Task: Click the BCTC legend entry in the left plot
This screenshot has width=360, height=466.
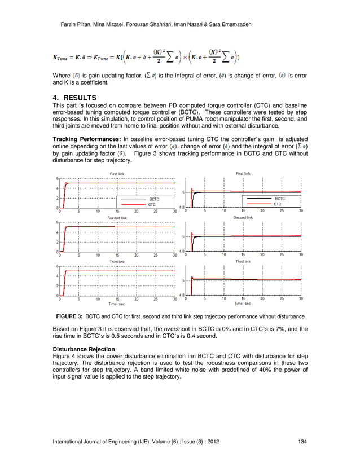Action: point(153,199)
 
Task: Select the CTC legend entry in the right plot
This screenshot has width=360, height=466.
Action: point(278,204)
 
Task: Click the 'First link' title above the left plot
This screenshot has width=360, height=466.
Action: point(118,174)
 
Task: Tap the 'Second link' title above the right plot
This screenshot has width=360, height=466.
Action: point(243,217)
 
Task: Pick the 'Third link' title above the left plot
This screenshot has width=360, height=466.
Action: point(117,262)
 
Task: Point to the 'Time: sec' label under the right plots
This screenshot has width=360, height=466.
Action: point(243,303)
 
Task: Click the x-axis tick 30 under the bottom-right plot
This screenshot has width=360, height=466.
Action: point(301,298)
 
